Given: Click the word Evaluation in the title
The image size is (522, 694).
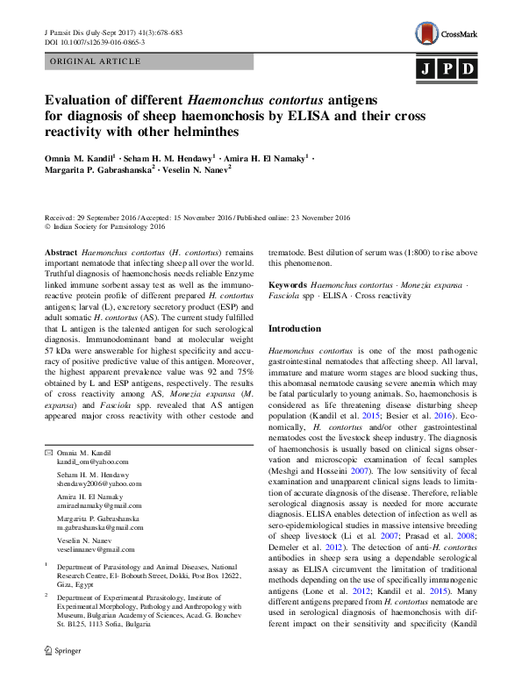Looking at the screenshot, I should click(x=84, y=101).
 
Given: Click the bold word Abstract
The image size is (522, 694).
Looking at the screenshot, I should click(x=61, y=251).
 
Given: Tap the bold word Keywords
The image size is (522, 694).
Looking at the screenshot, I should click(x=288, y=285).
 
